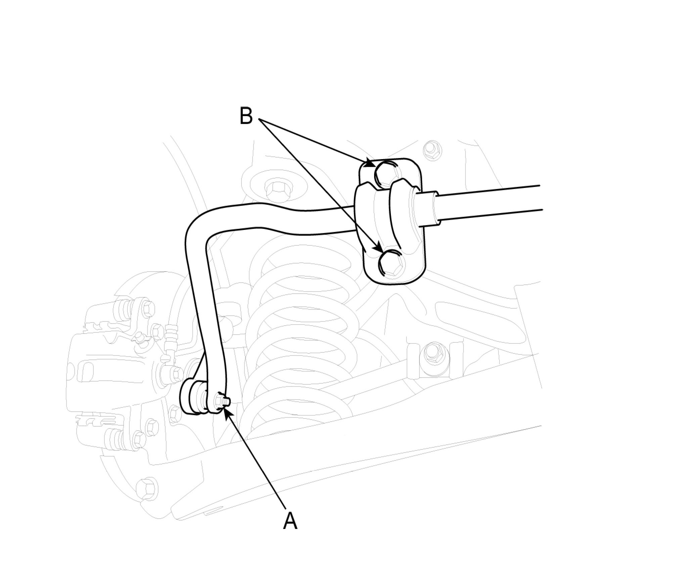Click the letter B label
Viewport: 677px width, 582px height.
[x=246, y=116]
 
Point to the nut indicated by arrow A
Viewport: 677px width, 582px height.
[x=222, y=400]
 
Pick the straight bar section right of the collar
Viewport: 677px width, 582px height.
[x=487, y=203]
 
